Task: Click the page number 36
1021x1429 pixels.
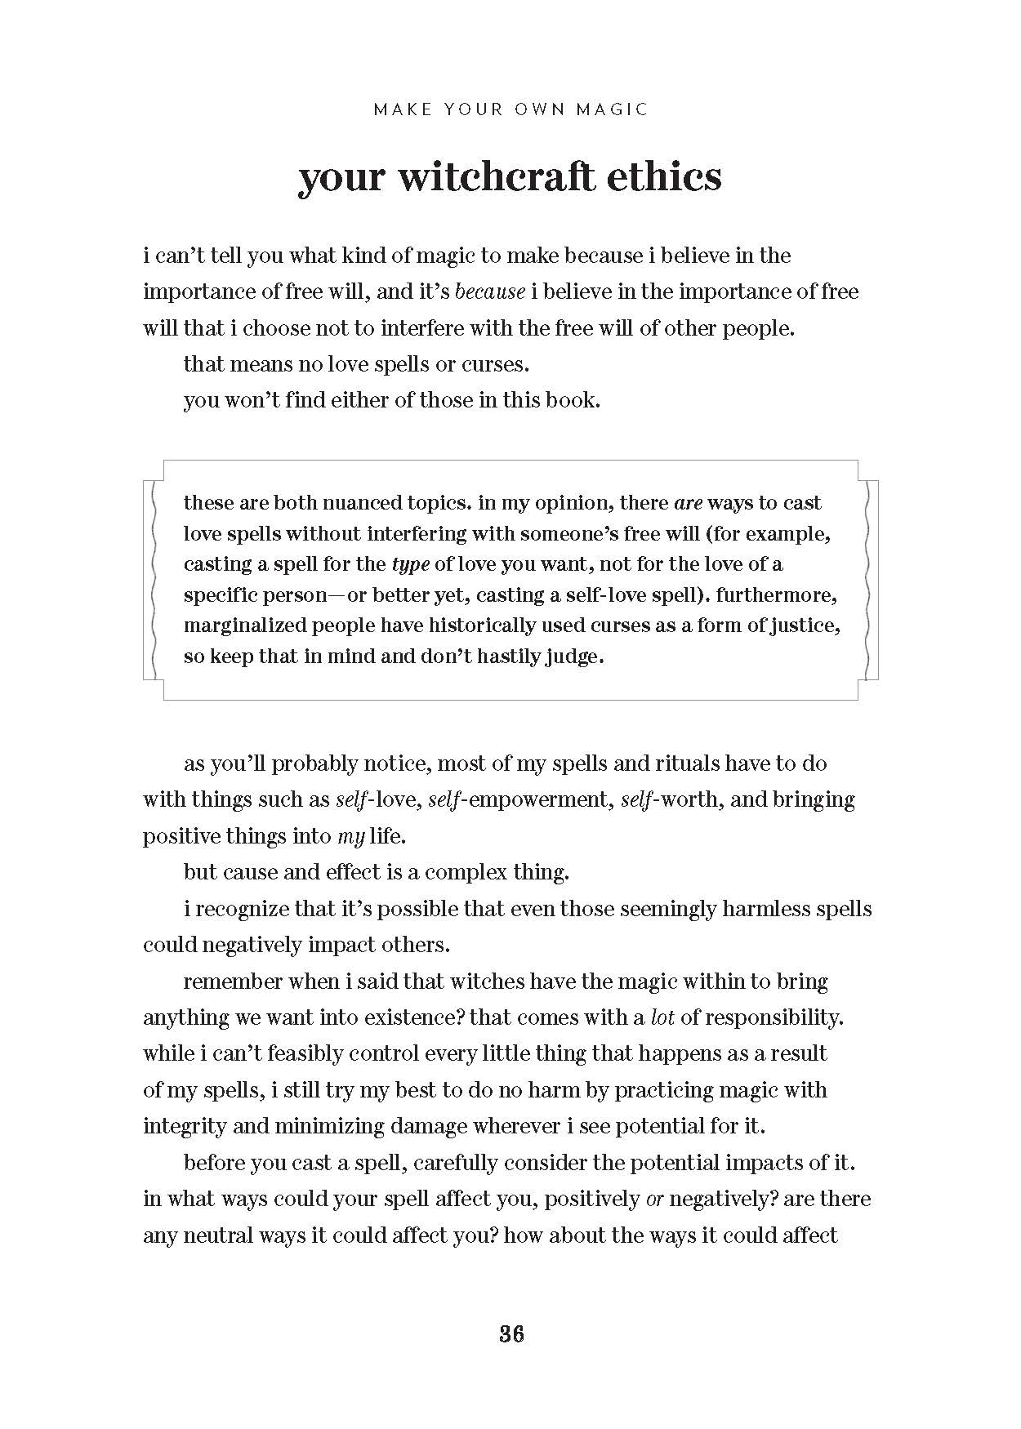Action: coord(510,1333)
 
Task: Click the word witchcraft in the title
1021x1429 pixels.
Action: coord(502,176)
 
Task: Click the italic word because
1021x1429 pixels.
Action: coord(489,292)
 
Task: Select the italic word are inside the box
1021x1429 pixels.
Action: coord(688,502)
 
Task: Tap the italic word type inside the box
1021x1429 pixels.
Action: coord(410,564)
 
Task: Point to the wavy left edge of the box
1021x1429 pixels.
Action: coord(152,580)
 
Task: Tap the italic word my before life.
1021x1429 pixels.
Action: coord(350,836)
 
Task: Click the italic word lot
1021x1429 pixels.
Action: coord(662,1017)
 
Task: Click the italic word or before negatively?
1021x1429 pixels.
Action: coord(653,1199)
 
